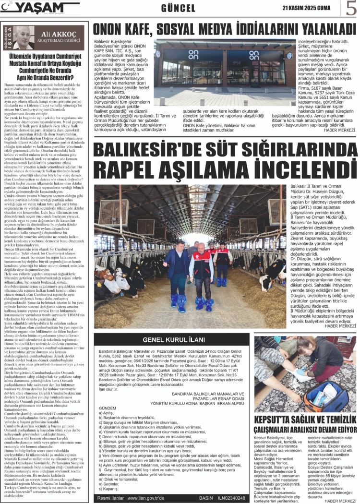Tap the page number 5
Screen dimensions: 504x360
coord(351,8)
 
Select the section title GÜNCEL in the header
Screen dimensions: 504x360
coord(178,8)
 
